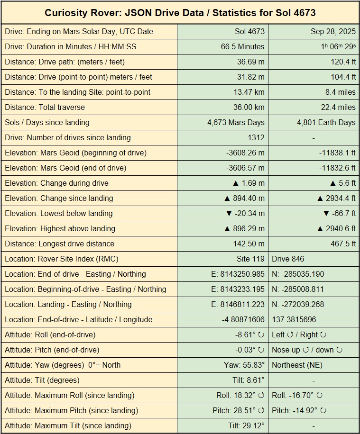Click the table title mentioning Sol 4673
(x=180, y=12)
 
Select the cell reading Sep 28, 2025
(x=333, y=32)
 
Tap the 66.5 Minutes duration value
(x=242, y=47)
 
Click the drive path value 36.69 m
(x=250, y=62)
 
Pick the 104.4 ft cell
(x=342, y=77)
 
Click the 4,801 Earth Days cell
(x=326, y=123)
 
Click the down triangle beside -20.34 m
(x=229, y=214)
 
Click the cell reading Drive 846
(x=288, y=259)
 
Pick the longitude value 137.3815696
(x=294, y=320)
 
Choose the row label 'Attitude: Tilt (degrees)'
(x=42, y=380)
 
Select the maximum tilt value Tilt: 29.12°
(x=246, y=426)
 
